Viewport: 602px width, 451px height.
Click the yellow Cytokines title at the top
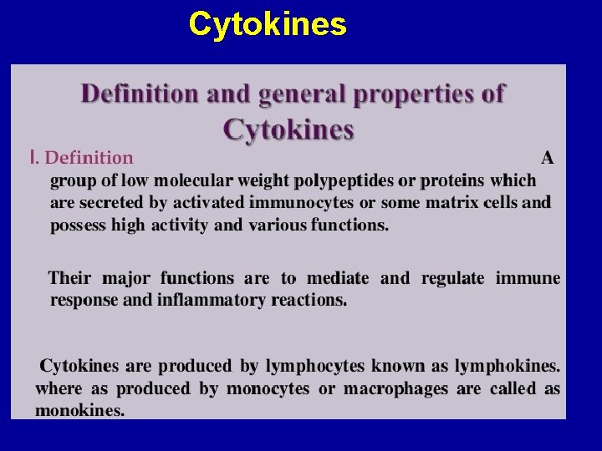(268, 25)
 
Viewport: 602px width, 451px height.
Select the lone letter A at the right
(548, 157)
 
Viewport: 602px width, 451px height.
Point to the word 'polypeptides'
(344, 180)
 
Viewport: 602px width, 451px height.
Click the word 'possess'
(78, 225)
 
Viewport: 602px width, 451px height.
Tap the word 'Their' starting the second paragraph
(70, 278)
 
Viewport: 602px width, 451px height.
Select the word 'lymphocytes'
(315, 366)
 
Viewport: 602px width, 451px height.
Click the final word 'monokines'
(79, 411)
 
